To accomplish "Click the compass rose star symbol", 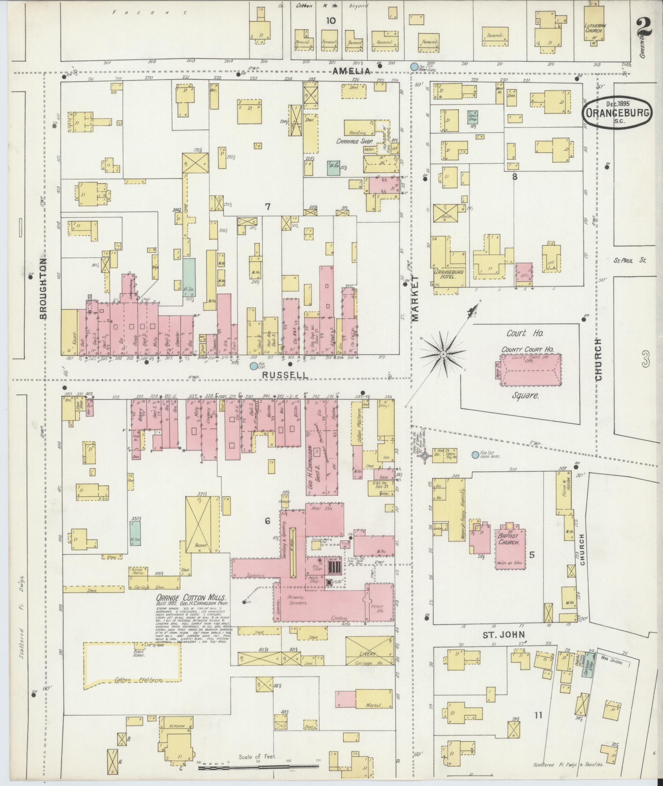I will click(444, 354).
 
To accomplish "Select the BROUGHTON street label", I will click(44, 288).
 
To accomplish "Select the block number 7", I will click(268, 207).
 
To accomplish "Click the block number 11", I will click(538, 715).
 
